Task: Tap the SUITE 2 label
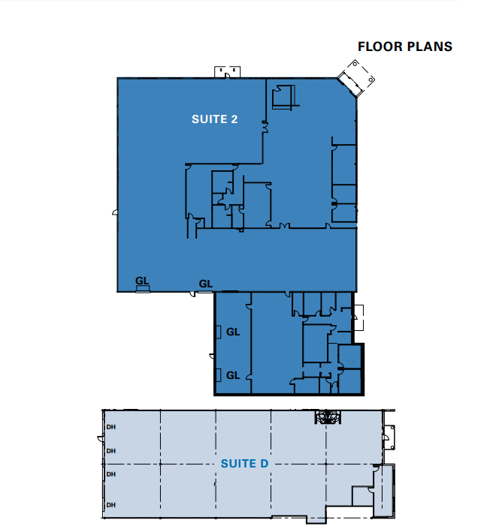pyautogui.click(x=215, y=119)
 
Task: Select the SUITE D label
pyautogui.click(x=244, y=464)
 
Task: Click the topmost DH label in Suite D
pyautogui.click(x=111, y=427)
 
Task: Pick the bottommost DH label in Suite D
pyautogui.click(x=111, y=504)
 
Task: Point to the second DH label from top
pyautogui.click(x=111, y=451)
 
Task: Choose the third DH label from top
pyautogui.click(x=111, y=474)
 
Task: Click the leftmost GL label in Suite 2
pyautogui.click(x=142, y=281)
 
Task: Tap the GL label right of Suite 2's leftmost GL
pyautogui.click(x=205, y=284)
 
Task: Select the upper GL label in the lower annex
pyautogui.click(x=233, y=331)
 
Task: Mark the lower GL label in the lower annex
pyautogui.click(x=233, y=375)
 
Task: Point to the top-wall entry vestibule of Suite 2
pyautogui.click(x=228, y=72)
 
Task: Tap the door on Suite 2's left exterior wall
pyautogui.click(x=114, y=213)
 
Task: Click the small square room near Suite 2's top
pyautogui.click(x=283, y=98)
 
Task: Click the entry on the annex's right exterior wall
pyautogui.click(x=358, y=318)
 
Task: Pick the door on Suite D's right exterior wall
pyautogui.click(x=389, y=435)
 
